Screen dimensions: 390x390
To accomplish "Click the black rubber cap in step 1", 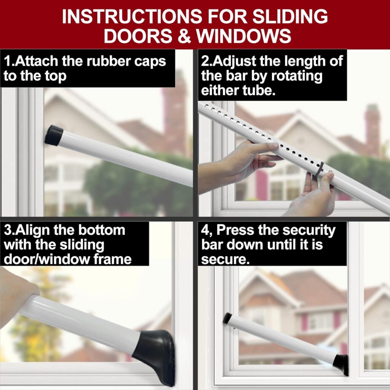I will point(54,135).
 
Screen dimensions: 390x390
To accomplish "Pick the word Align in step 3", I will point(38,230).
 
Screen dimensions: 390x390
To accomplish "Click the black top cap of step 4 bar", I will point(227,318).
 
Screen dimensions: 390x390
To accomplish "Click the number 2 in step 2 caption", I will point(205,62).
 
